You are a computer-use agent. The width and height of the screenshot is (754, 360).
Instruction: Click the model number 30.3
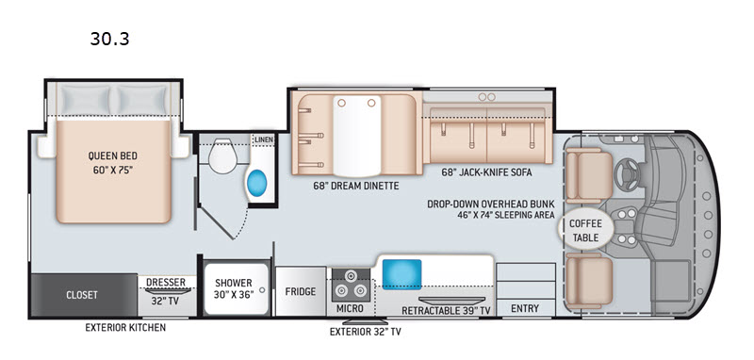[x=109, y=39]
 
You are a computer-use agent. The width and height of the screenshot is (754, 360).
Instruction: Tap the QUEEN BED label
[x=112, y=155]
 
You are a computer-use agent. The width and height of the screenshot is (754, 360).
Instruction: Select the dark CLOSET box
[x=84, y=295]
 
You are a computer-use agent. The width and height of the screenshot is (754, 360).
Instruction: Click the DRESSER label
[x=166, y=282]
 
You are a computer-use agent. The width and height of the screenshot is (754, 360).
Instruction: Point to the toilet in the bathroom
[x=222, y=155]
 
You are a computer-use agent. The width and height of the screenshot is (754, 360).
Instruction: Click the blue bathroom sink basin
[x=256, y=183]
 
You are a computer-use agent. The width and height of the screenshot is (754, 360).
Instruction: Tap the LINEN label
[x=264, y=139]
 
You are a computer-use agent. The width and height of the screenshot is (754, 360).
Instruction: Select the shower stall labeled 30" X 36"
[x=235, y=289]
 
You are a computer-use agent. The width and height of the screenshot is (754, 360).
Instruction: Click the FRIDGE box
[x=301, y=291]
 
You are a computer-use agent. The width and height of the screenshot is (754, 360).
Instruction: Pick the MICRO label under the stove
[x=350, y=308]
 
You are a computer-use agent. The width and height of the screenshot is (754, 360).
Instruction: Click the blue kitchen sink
[x=402, y=274]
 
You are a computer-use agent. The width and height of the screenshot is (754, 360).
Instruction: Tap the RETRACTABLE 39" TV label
[x=446, y=310]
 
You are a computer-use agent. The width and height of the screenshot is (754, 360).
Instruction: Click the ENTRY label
[x=525, y=308]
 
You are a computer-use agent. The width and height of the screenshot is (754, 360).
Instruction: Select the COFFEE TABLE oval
[x=585, y=230]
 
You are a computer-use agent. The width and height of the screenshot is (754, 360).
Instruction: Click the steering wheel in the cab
[x=627, y=173]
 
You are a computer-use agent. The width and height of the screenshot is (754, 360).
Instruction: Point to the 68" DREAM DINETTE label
[x=355, y=186]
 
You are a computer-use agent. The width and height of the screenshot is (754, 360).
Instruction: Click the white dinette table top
[x=357, y=136]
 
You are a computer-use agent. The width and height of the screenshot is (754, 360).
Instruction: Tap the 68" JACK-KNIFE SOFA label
[x=486, y=172]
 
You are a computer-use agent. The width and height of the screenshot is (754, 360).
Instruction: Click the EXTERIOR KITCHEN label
[x=125, y=327]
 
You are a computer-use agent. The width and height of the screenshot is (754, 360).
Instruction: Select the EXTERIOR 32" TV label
[x=365, y=332]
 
